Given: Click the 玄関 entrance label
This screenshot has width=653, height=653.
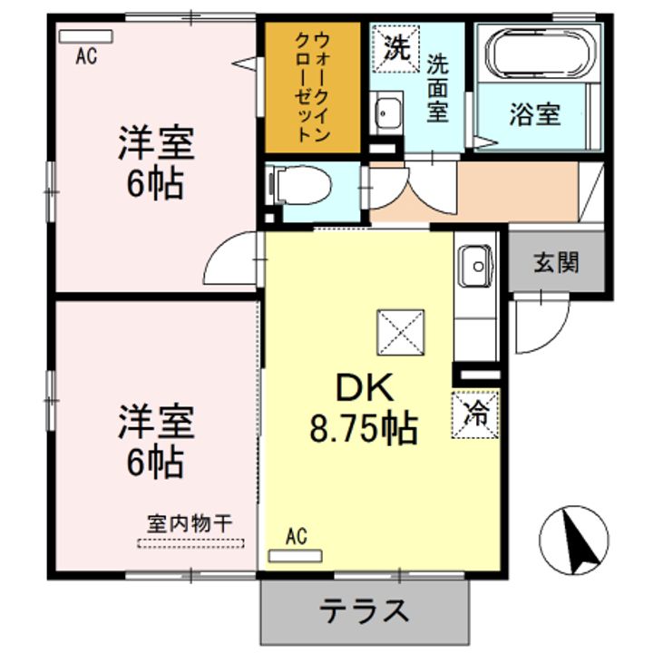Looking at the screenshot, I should coord(555,263).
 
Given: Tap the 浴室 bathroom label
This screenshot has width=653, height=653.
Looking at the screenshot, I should coord(534,115).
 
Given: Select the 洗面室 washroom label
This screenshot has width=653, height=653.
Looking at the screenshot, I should coord(438,88).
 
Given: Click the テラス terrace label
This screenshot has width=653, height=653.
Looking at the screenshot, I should coord(364,610).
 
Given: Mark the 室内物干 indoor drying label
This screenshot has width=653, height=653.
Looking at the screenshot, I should coord(190,523).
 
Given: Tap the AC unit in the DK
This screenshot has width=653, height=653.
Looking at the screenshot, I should coord(296,554).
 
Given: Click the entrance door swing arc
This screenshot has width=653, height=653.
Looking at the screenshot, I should coord(542,323).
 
